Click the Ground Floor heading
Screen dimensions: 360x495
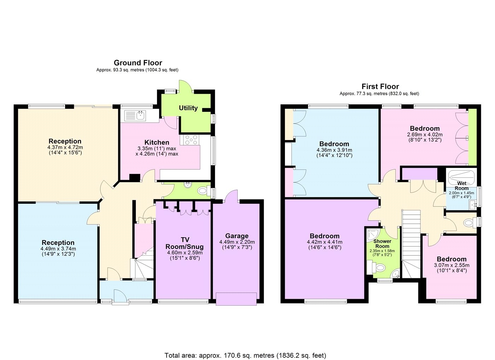tap(138, 63)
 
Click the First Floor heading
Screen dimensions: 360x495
tap(380, 87)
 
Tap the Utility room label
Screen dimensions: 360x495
tap(188, 108)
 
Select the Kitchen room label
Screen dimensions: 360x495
tap(157, 143)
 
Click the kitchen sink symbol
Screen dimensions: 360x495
tap(136, 115)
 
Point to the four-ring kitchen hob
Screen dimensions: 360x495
tap(190, 140)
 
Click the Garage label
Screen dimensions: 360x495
tap(237, 236)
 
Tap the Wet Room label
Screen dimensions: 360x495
tap(461, 186)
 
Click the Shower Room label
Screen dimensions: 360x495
tap(382, 244)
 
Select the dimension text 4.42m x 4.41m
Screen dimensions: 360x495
tap(325, 242)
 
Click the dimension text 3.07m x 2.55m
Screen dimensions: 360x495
tap(452, 265)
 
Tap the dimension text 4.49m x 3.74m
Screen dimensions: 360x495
tap(58, 249)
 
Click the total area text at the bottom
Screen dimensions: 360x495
tap(245, 355)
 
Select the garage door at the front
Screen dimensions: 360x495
tap(236, 299)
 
